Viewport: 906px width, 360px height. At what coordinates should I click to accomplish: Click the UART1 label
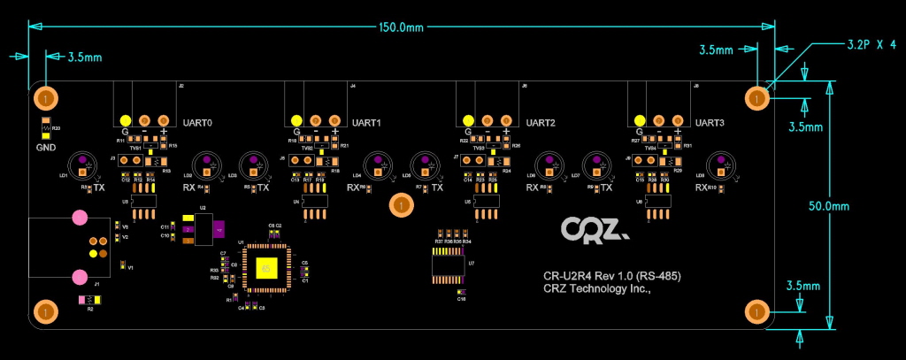tap(366, 122)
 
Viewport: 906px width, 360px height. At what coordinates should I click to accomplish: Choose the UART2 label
tap(540, 122)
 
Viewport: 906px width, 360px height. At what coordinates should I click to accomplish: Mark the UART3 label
tap(710, 122)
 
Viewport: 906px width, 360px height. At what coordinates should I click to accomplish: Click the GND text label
tap(46, 147)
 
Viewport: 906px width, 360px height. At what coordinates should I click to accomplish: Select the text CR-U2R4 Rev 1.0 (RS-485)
tap(611, 275)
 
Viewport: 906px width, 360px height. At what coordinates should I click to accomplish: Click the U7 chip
tap(449, 265)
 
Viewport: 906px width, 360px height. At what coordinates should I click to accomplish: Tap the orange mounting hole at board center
tap(401, 206)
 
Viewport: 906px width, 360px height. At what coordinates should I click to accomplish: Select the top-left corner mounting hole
tap(45, 97)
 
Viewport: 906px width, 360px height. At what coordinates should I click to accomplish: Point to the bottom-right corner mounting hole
tap(756, 311)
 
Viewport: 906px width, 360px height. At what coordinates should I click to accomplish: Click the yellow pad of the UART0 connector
tap(126, 120)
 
